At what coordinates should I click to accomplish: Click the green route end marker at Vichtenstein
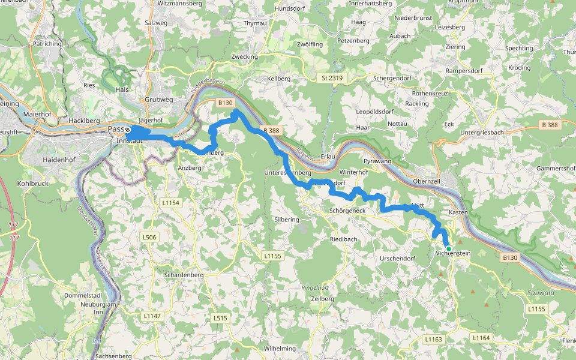pyautogui.click(x=448, y=248)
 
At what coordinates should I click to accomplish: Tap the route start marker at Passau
pyautogui.click(x=127, y=130)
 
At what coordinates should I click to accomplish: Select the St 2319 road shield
pyautogui.click(x=332, y=78)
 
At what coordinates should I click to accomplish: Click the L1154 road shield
pyautogui.click(x=171, y=203)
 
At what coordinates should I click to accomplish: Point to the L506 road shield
pyautogui.click(x=149, y=238)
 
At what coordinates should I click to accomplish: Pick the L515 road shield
pyautogui.click(x=220, y=317)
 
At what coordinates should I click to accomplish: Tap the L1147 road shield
pyautogui.click(x=152, y=315)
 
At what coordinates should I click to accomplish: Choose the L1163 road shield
pyautogui.click(x=433, y=339)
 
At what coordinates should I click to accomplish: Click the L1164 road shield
pyautogui.click(x=481, y=338)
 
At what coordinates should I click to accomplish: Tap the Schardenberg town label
pyautogui.click(x=179, y=275)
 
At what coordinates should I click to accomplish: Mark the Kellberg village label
pyautogui.click(x=278, y=79)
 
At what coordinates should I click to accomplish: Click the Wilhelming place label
pyautogui.click(x=280, y=348)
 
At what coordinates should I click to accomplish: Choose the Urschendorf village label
pyautogui.click(x=398, y=259)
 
